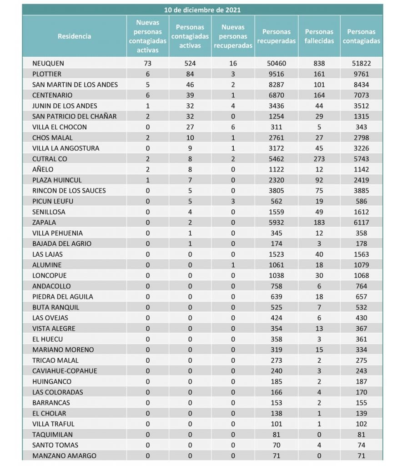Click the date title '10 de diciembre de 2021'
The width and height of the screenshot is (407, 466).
pos(202,10)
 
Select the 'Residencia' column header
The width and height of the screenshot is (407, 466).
pos(74,36)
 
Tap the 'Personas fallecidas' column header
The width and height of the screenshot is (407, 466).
pos(319,36)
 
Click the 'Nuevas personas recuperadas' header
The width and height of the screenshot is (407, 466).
pos(233,36)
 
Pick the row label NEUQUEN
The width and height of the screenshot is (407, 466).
pos(48,63)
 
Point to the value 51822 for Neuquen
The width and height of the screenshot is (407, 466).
pos(362,63)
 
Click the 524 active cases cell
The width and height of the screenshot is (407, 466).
pos(190,63)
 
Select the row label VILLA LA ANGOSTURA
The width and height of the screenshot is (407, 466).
pos(65,148)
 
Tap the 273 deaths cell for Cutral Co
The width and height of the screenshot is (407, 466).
pos(319,159)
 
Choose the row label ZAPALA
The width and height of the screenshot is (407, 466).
pos(44,223)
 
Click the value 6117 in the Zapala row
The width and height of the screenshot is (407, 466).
pos(362,223)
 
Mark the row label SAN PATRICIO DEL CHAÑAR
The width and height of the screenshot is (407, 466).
pos(75,116)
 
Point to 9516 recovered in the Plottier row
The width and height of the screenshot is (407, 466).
pos(276,74)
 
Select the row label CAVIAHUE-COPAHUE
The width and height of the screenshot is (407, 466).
pos(65,371)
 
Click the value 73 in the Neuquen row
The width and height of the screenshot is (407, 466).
pos(147,63)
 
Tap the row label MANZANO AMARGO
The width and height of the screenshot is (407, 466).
pos(64,456)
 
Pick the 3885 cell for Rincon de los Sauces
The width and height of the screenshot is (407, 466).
pos(362,191)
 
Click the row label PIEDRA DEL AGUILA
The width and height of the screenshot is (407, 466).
pos(63,297)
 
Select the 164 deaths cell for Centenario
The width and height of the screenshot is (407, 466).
pos(319,95)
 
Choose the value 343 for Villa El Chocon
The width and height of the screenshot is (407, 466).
pos(362,127)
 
